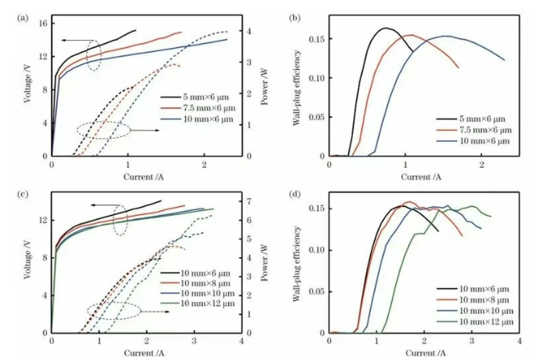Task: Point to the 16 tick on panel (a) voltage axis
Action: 41,23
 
